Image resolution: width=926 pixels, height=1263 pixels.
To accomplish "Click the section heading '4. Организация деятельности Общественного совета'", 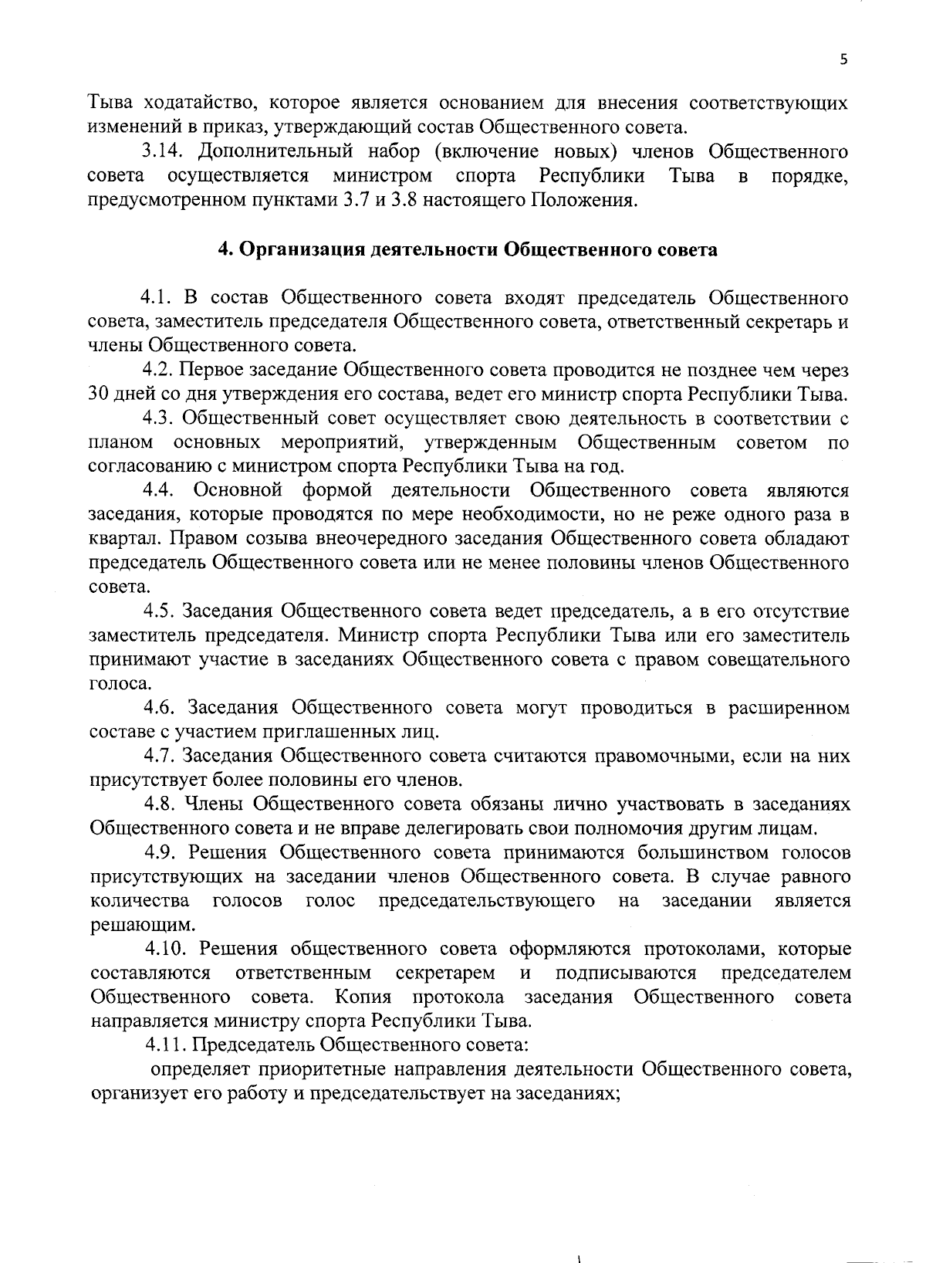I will click(x=468, y=250).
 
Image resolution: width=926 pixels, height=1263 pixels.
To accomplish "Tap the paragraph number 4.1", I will click(x=159, y=298).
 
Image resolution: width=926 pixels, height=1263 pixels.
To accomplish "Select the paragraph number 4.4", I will click(x=161, y=491).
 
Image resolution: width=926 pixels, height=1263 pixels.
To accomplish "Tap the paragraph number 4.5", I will click(x=161, y=612).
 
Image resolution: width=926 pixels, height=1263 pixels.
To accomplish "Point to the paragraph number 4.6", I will click(x=161, y=709).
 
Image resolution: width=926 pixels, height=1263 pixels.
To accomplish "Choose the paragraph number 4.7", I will click(x=161, y=757).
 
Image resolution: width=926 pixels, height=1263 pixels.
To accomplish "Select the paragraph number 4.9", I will click(x=161, y=853).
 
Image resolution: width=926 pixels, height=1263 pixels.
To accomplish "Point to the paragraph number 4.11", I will click(x=165, y=1045).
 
